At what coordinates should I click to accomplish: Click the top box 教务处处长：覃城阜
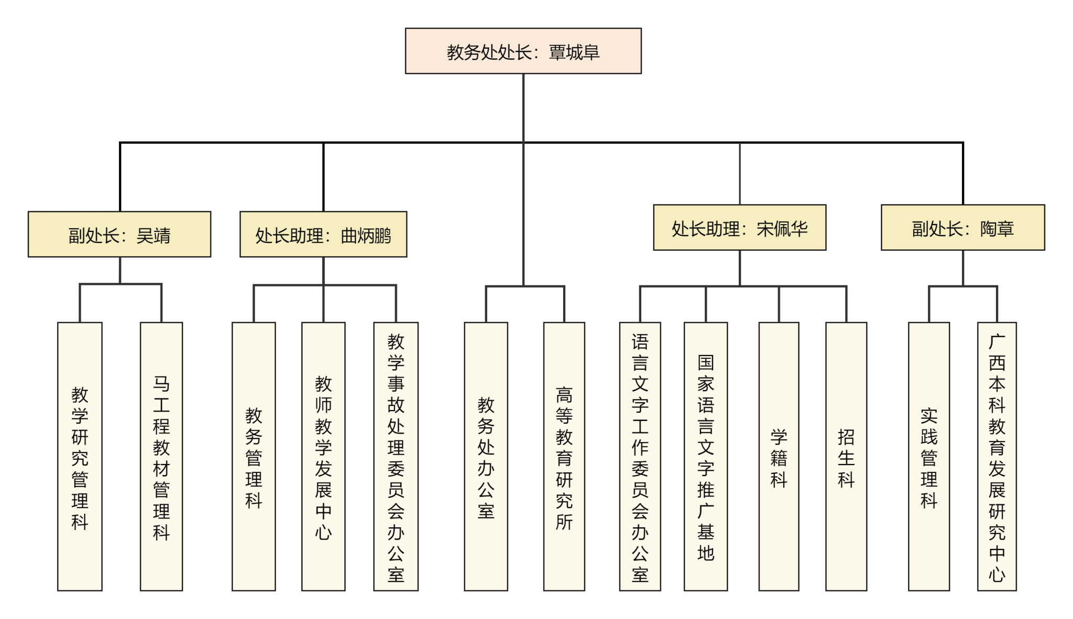point(523,51)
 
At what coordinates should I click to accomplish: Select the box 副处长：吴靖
point(119,234)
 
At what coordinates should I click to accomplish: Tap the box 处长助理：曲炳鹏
point(323,234)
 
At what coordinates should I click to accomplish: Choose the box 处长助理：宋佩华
point(739,227)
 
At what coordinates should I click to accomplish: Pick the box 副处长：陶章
point(962,227)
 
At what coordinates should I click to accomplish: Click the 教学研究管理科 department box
point(80,456)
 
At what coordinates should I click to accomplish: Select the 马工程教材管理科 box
point(161,456)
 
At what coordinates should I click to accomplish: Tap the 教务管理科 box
point(254,456)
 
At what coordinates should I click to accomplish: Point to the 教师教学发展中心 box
point(323,456)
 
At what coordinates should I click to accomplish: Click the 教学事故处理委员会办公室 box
point(396,456)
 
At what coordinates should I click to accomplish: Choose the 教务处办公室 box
point(486,456)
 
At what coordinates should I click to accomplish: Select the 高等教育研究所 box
point(564,456)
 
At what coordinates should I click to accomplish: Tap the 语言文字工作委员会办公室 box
point(640,456)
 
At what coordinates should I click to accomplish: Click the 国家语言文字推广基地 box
point(706,456)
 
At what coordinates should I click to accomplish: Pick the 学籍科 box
point(779,456)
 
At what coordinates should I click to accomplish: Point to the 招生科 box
point(846,456)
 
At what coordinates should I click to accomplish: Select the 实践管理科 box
point(929,456)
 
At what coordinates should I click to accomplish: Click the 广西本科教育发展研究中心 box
point(997,456)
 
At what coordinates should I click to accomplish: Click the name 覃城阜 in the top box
point(574,52)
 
